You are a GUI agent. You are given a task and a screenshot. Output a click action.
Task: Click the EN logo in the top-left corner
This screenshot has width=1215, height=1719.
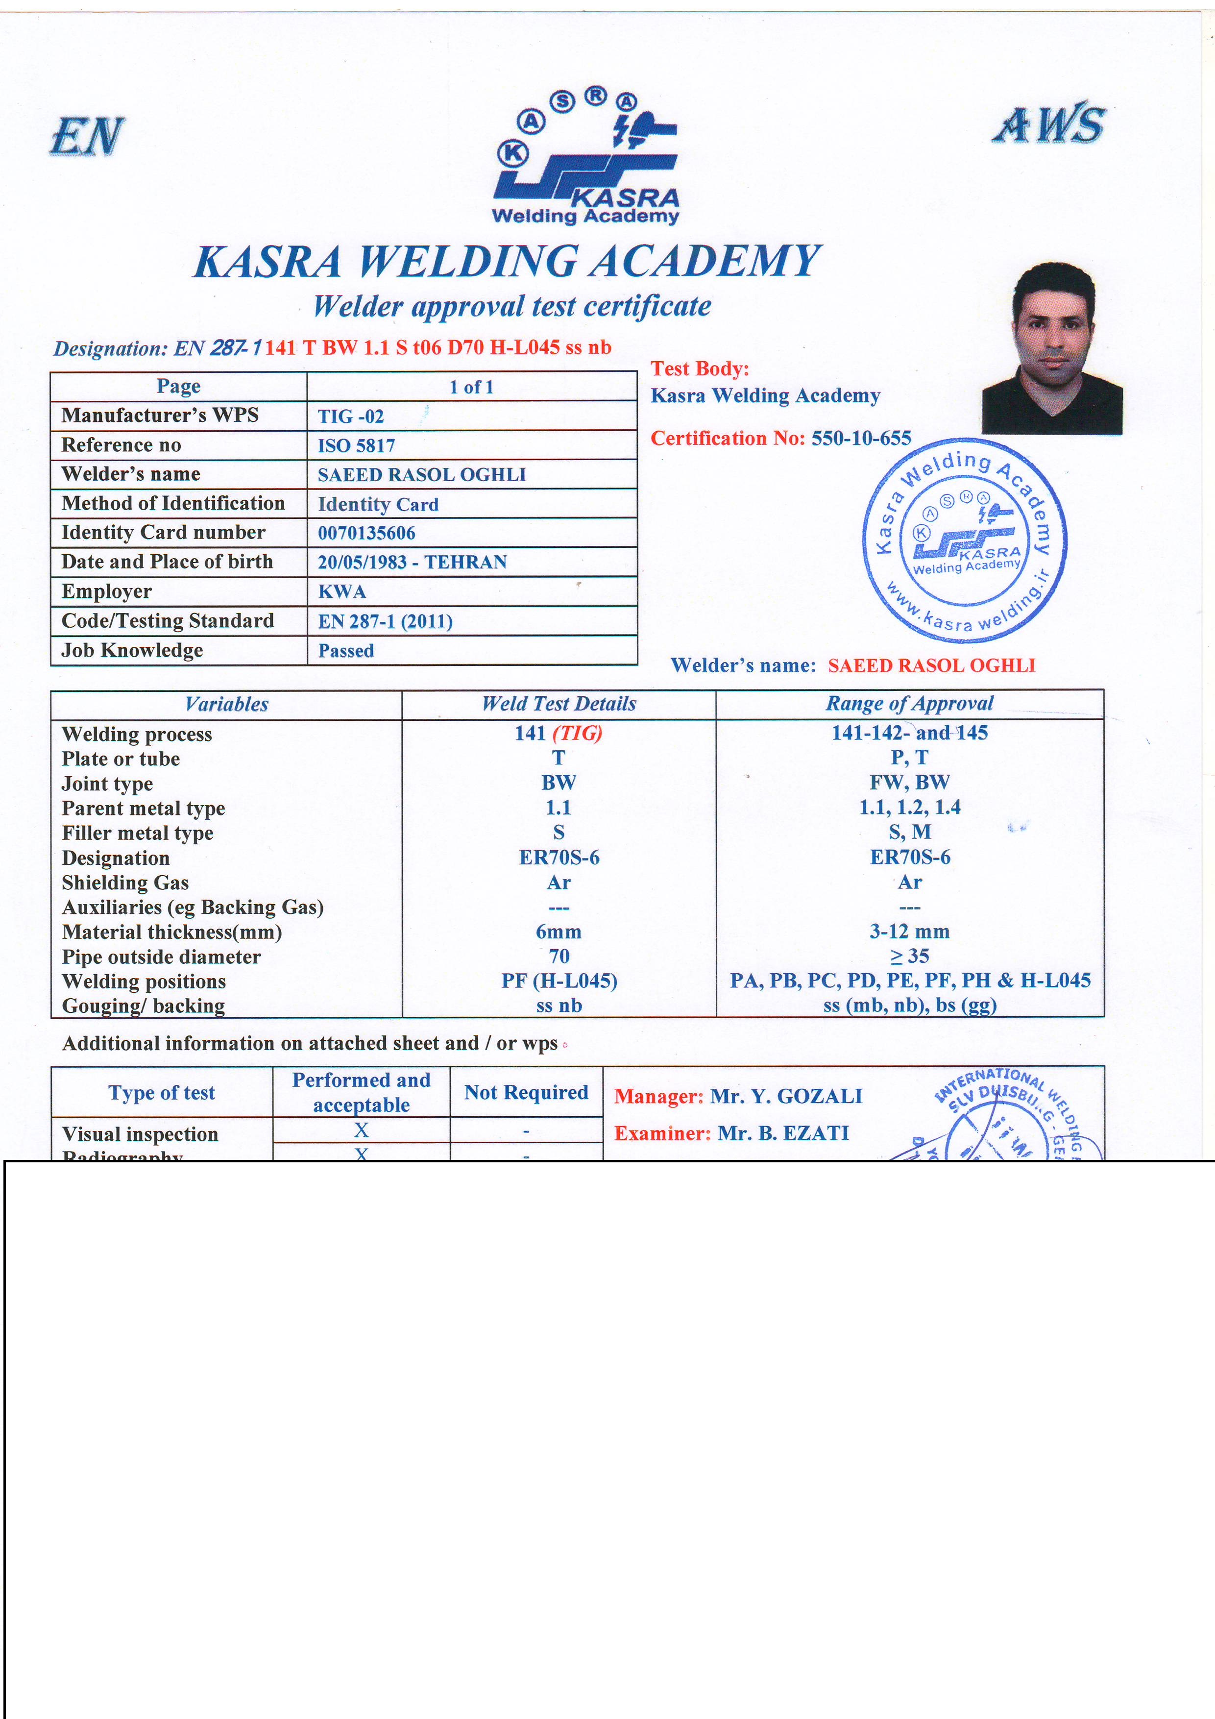(x=87, y=136)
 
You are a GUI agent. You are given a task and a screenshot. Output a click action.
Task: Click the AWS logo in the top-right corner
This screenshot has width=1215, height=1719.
(x=1049, y=124)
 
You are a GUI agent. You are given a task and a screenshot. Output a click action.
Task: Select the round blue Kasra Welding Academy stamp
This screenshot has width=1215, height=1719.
(x=965, y=540)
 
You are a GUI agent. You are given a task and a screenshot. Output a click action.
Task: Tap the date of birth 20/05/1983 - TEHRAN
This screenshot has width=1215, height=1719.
(x=412, y=562)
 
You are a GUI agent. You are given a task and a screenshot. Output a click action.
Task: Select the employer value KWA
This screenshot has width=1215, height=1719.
(x=342, y=591)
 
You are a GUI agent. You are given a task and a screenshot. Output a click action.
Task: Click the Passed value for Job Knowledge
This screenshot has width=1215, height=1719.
(x=346, y=651)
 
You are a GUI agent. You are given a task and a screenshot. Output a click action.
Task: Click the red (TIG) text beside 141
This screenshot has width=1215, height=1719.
(x=577, y=733)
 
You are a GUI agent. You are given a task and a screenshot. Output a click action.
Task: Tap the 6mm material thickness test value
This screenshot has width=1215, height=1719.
(x=559, y=932)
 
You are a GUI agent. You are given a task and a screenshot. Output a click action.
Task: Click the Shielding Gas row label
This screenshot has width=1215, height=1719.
(x=125, y=883)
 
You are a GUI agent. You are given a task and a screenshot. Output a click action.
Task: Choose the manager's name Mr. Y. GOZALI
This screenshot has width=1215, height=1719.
(x=785, y=1096)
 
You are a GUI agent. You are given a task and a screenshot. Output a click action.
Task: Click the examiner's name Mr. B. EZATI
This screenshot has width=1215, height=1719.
(x=783, y=1133)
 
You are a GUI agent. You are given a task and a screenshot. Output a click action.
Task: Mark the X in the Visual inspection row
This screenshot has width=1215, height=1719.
(x=361, y=1130)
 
